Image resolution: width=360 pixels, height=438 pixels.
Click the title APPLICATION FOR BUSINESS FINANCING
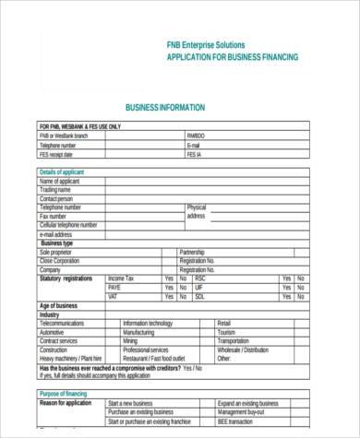[232, 57]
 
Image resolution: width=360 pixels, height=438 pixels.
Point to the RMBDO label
[196, 136]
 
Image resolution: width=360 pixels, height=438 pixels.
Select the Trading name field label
[55, 190]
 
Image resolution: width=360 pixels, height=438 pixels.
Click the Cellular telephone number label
[67, 225]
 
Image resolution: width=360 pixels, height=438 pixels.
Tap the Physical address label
[197, 211]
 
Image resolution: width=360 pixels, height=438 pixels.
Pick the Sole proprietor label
[58, 252]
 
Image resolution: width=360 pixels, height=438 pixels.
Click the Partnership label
[192, 252]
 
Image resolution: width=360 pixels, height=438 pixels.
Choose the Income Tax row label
[121, 278]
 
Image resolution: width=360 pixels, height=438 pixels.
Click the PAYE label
[114, 288]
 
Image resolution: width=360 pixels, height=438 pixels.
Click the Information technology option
[148, 324]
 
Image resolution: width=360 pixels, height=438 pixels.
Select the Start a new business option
[131, 404]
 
